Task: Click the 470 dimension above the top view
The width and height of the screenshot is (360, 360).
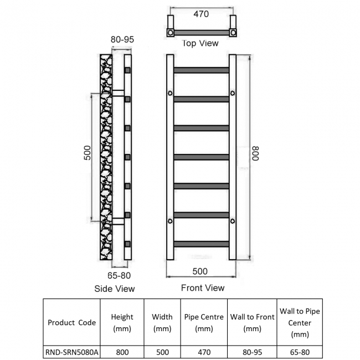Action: (201, 14)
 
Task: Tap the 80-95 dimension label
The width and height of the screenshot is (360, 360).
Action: (122, 39)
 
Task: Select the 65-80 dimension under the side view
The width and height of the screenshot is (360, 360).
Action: (119, 275)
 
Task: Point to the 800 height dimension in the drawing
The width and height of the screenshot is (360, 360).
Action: (255, 153)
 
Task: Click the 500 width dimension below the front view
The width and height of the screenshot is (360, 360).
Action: (200, 271)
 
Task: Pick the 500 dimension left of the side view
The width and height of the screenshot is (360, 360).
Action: (88, 153)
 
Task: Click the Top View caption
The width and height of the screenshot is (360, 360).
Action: (200, 43)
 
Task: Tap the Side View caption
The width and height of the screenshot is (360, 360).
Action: (115, 289)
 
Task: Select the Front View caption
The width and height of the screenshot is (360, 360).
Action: (203, 288)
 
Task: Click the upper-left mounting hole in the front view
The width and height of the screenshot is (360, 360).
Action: (170, 93)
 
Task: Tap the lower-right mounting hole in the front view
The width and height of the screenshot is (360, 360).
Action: (233, 221)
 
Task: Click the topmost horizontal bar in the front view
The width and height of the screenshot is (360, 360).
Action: (202, 70)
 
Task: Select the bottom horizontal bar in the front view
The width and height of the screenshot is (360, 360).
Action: (202, 244)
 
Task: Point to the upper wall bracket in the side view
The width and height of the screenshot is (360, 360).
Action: (118, 93)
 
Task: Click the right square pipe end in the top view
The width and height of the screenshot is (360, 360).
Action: (233, 33)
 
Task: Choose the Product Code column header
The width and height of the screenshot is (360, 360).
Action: (71, 322)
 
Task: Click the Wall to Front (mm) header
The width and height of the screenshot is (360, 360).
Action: (253, 322)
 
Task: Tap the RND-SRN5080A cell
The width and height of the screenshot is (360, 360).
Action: (71, 352)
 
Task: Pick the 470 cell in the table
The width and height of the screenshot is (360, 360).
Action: (204, 352)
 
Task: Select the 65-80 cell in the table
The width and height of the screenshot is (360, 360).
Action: (300, 352)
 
